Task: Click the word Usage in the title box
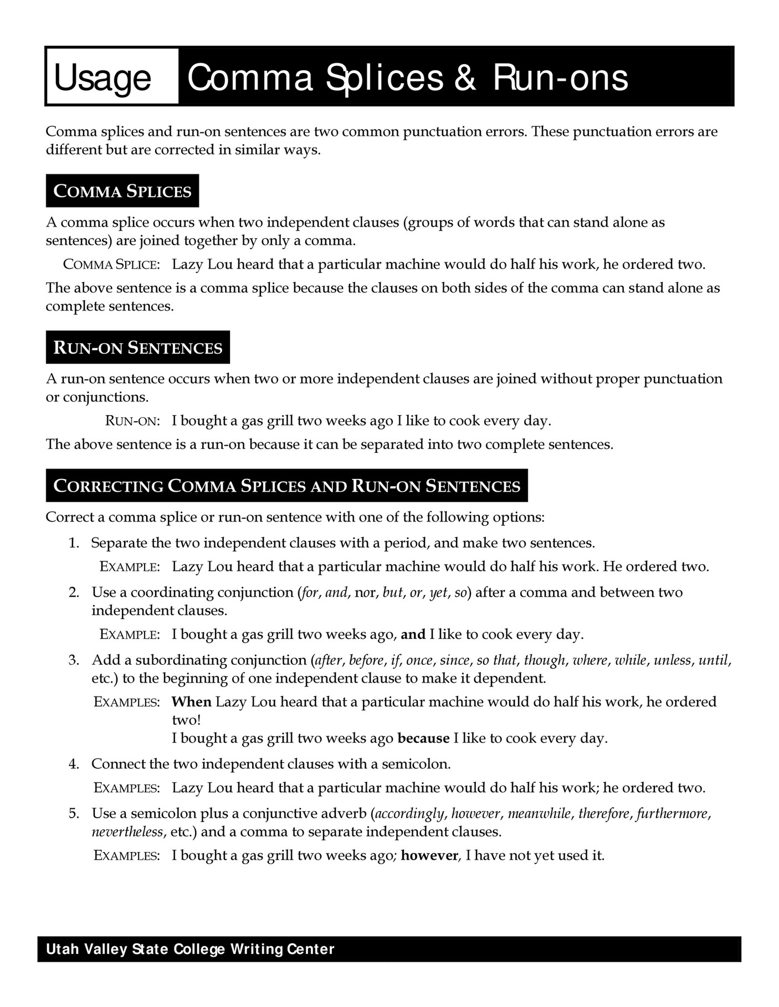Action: point(102,78)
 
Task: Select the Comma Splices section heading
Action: point(122,191)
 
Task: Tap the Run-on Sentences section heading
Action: point(138,348)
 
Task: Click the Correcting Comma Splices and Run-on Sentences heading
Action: point(286,486)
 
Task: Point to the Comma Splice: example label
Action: point(111,265)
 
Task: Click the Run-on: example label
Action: point(132,421)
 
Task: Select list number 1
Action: point(74,543)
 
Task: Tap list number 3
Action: point(74,660)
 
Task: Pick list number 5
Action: point(74,814)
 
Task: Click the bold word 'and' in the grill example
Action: point(413,634)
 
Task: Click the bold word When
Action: point(192,702)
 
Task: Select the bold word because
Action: point(423,739)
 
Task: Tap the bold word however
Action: point(429,856)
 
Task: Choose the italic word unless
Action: point(673,660)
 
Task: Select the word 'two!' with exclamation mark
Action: point(186,720)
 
